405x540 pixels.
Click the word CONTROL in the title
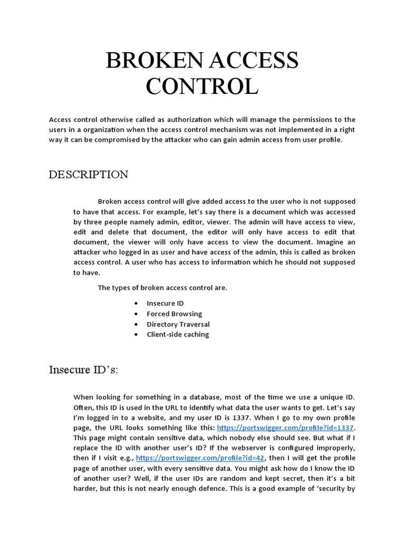202,86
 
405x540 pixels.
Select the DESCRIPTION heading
88,175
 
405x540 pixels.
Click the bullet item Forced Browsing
174,314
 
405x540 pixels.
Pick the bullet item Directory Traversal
178,324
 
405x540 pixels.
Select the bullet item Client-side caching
178,334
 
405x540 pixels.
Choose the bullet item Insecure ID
165,304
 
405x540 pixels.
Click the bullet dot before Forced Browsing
137,314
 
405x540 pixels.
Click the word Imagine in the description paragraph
331,242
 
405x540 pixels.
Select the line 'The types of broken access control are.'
162,288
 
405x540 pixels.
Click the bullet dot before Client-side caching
137,335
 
